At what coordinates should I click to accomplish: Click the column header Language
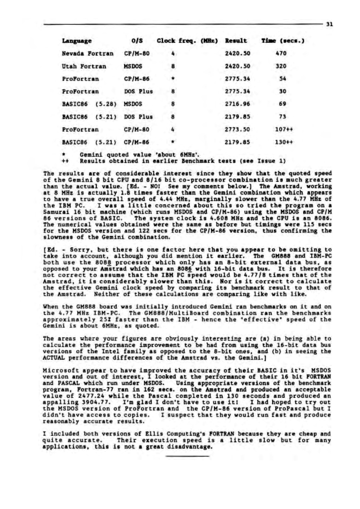pyautogui.click(x=76, y=41)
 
